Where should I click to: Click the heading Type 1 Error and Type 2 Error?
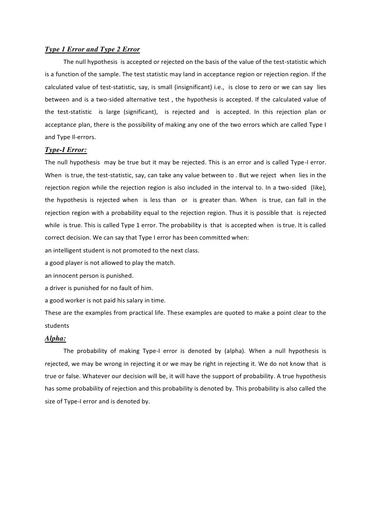pos(92,49)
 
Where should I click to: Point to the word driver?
pos(58,288)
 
